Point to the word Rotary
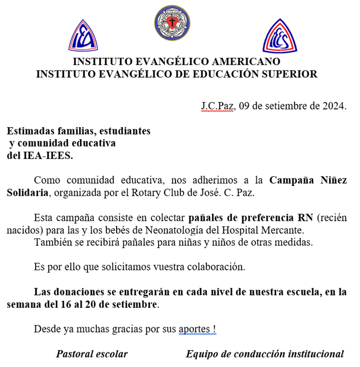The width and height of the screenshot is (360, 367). (x=164, y=192)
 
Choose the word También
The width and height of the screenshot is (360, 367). (x=51, y=243)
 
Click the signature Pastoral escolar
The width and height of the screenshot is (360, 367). (x=92, y=354)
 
